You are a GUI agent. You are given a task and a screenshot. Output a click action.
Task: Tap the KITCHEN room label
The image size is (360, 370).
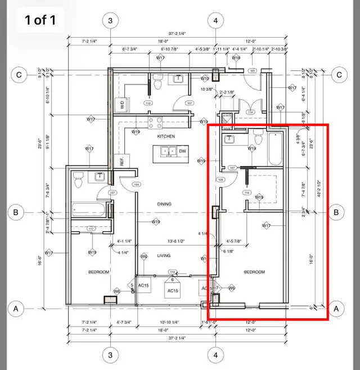coord(166,137)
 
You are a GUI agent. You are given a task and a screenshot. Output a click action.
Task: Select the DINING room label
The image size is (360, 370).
coord(164,204)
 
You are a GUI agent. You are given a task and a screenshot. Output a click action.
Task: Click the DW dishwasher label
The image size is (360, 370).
coord(182,151)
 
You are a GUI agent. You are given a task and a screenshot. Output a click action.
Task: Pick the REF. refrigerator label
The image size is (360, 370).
coord(121,161)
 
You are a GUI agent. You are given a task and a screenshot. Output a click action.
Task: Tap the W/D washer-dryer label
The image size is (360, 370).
coord(122,104)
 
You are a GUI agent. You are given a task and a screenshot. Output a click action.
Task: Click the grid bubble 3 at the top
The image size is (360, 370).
coord(110,21)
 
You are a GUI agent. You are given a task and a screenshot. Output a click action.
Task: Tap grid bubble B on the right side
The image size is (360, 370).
coord(336,212)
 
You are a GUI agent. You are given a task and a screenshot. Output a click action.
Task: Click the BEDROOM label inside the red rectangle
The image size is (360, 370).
coord(254,272)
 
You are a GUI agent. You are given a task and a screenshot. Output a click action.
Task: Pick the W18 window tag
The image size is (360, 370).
coord(236,58)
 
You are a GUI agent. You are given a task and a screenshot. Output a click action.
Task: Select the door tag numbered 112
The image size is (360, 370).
coord(148,104)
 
